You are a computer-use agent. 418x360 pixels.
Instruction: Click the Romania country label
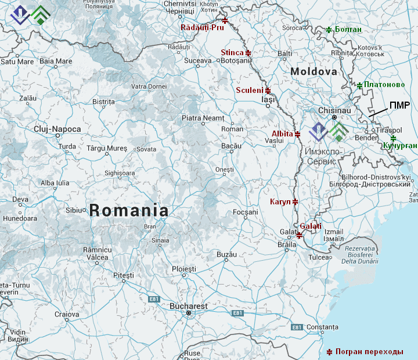pyautogui.click(x=129, y=211)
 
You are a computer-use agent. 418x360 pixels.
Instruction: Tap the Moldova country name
pyautogui.click(x=313, y=71)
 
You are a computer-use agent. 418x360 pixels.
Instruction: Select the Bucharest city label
pyautogui.click(x=188, y=305)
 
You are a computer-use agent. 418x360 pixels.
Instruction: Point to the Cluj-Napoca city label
pyautogui.click(x=57, y=129)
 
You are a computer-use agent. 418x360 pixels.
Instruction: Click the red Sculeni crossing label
pyautogui.click(x=250, y=91)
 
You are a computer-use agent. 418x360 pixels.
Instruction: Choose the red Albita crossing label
pyautogui.click(x=282, y=134)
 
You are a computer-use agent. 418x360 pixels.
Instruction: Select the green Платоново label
pyautogui.click(x=384, y=85)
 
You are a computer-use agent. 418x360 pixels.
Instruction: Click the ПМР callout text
pyautogui.click(x=400, y=105)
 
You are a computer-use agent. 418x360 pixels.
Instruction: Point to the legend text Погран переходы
pyautogui.click(x=369, y=352)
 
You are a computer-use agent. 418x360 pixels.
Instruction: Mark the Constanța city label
pyautogui.click(x=322, y=327)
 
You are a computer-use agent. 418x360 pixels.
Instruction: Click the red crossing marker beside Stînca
pyautogui.click(x=248, y=53)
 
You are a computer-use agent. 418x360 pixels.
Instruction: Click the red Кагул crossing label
pyautogui.click(x=281, y=201)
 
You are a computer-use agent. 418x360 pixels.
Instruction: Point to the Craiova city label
pyautogui.click(x=66, y=314)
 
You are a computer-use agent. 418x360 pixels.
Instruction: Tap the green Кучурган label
pyautogui.click(x=400, y=145)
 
